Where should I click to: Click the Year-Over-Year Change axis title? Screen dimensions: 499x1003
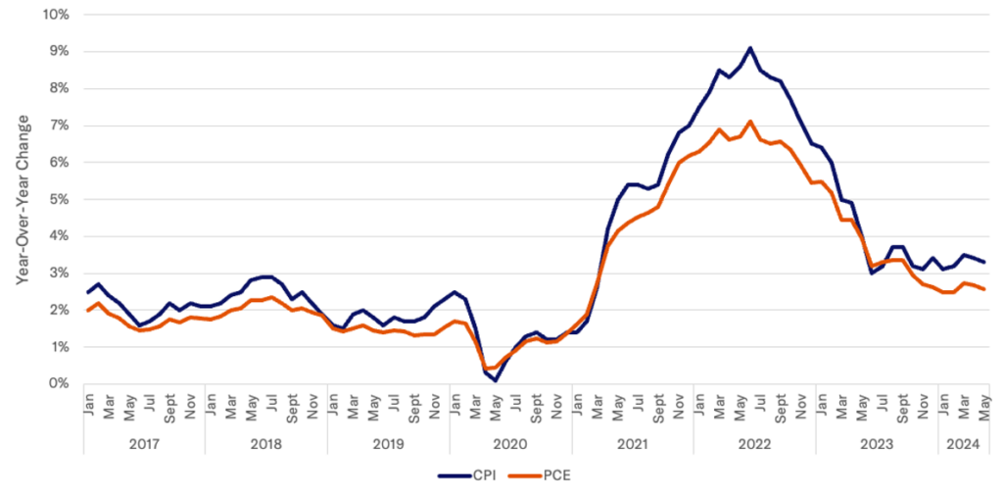point(22,199)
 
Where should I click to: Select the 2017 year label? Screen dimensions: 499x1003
point(144,443)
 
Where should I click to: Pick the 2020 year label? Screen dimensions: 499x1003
point(509,443)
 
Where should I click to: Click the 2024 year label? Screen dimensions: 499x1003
point(961,443)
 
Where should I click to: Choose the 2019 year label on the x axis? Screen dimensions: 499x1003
point(388,443)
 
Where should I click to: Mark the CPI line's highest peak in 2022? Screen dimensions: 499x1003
point(750,47)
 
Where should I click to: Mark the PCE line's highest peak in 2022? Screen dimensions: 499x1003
point(750,122)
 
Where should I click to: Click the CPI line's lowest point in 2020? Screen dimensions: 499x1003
point(497,379)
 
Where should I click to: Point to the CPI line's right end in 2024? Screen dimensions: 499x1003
point(984,262)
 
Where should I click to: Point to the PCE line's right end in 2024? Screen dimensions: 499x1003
point(984,288)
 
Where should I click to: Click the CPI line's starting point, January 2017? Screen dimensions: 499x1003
point(88,292)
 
